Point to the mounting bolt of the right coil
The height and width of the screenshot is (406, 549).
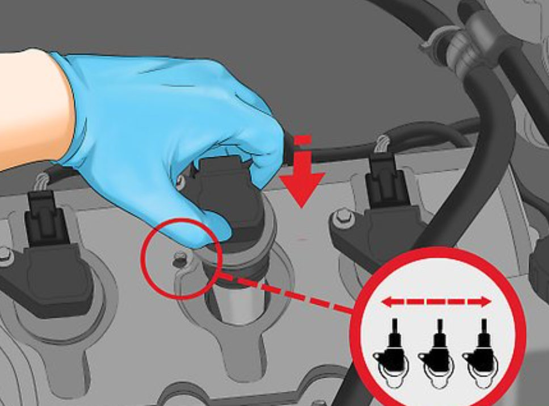[x=342, y=216]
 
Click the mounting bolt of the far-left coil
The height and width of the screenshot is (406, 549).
[x=5, y=255]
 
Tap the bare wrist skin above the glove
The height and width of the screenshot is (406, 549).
[x=28, y=108]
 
